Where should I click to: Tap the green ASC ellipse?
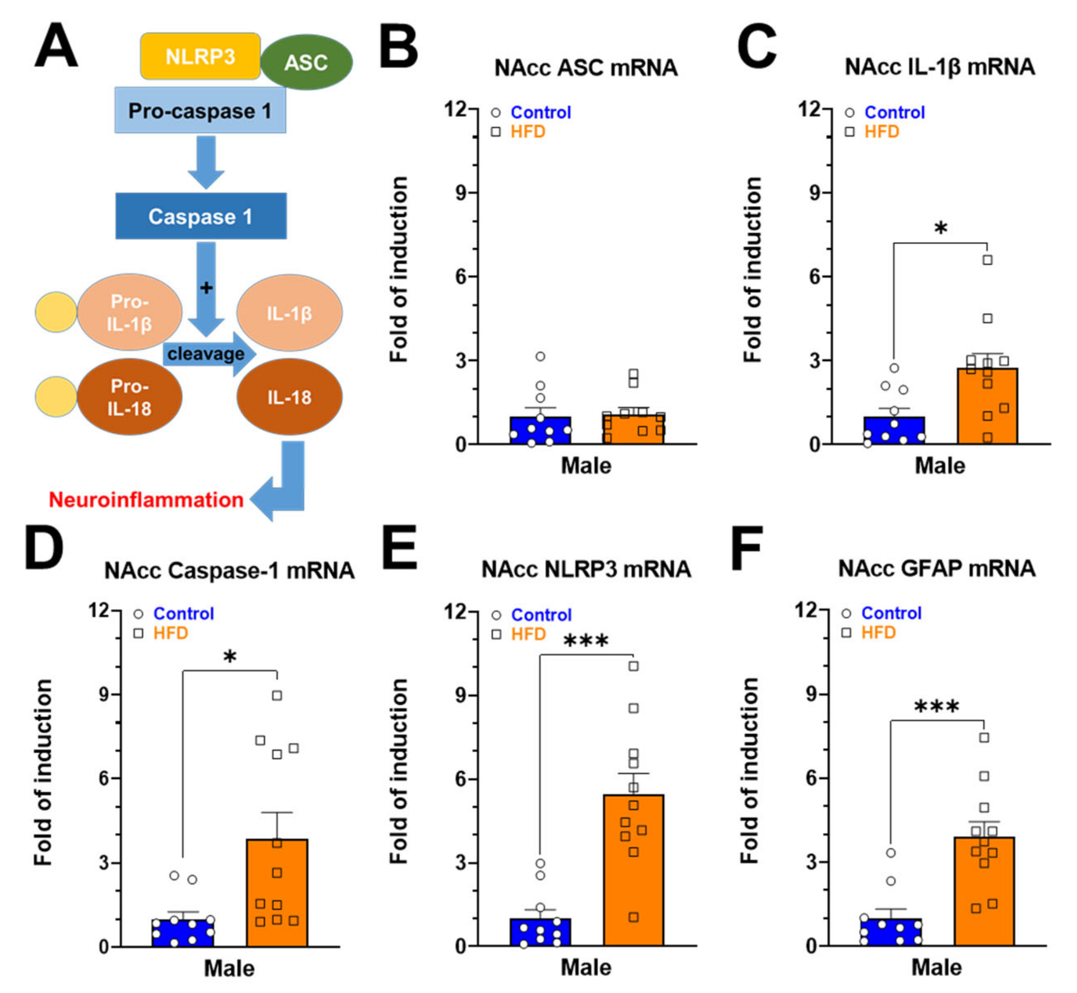(x=306, y=62)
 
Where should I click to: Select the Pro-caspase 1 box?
(x=200, y=111)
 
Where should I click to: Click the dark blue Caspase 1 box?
(x=201, y=216)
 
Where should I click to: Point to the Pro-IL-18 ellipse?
(x=129, y=397)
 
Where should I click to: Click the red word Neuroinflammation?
(x=146, y=500)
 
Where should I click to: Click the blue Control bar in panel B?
(x=540, y=430)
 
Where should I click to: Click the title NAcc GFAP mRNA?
(x=937, y=568)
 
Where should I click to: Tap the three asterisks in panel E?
(x=586, y=641)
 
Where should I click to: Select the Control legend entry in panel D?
(x=183, y=614)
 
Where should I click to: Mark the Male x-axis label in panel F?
(x=937, y=968)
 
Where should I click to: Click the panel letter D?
(x=44, y=549)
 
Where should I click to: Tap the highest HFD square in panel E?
(x=634, y=666)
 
